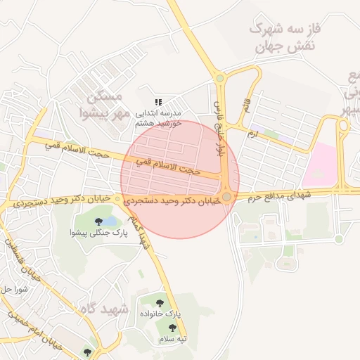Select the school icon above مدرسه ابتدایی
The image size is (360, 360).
[159, 102]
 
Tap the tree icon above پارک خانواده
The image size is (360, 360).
[160, 302]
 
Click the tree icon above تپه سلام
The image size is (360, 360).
[172, 328]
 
